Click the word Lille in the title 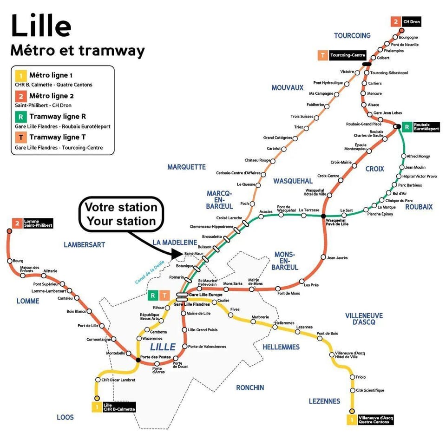41,26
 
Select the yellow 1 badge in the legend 20,75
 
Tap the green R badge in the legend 20,116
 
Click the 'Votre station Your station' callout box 122,214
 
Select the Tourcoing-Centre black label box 348,55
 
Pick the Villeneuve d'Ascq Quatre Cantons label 375,420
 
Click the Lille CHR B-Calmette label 119,407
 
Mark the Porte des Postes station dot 138,360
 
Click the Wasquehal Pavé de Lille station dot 323,217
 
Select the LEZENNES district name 324,401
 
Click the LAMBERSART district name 85,244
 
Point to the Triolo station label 361,377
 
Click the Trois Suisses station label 302,116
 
